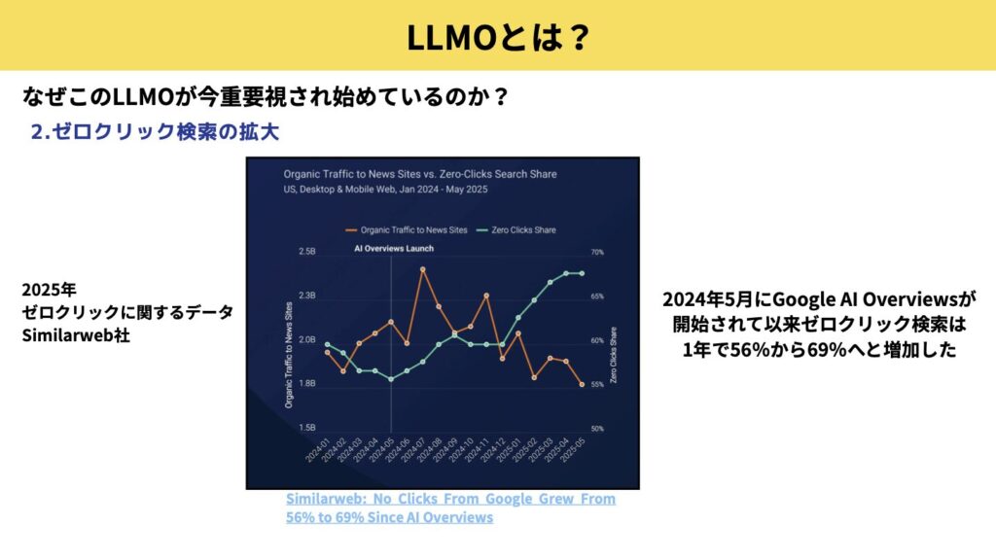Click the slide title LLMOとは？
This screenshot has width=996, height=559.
tap(497, 36)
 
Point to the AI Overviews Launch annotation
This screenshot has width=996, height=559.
tap(393, 249)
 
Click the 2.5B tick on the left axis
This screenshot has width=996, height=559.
tap(306, 252)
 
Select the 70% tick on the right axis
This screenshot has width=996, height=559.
tap(597, 252)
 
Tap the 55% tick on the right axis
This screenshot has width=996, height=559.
tap(597, 385)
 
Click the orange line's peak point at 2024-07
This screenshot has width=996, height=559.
tap(422, 268)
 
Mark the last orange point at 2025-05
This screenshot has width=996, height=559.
tap(582, 385)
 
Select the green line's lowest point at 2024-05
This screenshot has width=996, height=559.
tap(391, 379)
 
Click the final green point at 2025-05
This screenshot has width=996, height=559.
tap(582, 273)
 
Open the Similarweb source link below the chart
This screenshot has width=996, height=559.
tap(450, 507)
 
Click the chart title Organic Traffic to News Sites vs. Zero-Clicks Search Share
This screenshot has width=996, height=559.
tap(420, 174)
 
